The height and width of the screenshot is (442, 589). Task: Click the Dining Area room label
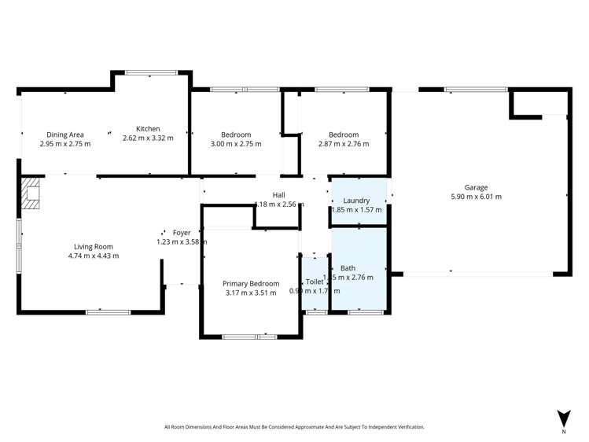65,134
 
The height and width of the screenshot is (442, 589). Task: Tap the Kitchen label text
148,129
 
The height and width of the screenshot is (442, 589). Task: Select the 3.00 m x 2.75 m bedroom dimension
236,144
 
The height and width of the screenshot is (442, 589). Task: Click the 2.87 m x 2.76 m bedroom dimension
344,144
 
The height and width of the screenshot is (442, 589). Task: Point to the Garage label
476,187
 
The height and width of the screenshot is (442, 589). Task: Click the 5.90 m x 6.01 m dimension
476,197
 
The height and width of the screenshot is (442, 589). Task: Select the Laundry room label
356,201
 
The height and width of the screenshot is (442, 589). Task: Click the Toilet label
314,282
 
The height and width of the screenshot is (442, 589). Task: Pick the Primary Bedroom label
251,283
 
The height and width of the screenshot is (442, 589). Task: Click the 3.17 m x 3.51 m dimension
251,293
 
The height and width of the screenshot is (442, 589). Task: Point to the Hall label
279,195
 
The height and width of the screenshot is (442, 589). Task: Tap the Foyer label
182,233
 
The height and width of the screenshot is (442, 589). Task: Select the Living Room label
94,245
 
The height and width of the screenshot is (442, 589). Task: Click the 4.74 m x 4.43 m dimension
94,255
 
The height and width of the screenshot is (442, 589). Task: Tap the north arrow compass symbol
563,418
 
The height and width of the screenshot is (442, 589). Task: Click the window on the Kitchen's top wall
151,73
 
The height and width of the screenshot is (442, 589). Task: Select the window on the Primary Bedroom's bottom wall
249,337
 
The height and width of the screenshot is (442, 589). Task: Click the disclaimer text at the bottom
294,427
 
